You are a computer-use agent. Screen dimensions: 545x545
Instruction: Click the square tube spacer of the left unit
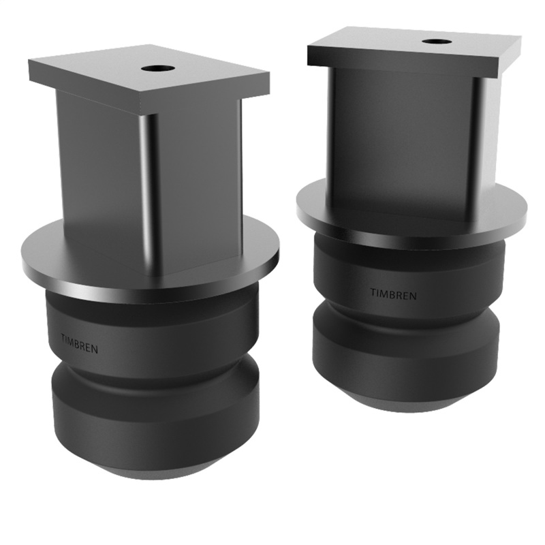[102, 177]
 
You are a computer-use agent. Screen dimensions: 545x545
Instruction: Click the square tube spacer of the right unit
[395, 136]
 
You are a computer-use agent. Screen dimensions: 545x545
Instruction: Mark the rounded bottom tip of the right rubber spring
[409, 405]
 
